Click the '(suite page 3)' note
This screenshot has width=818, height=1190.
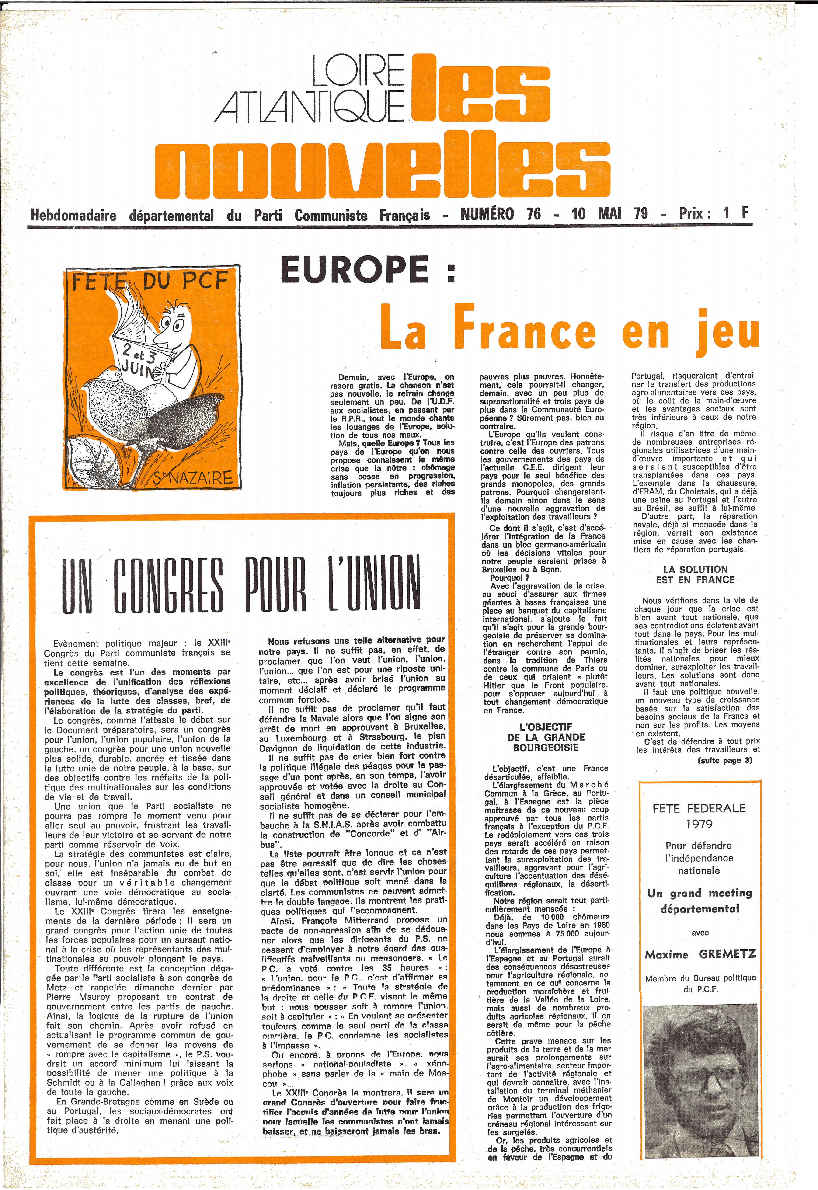tap(725, 760)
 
